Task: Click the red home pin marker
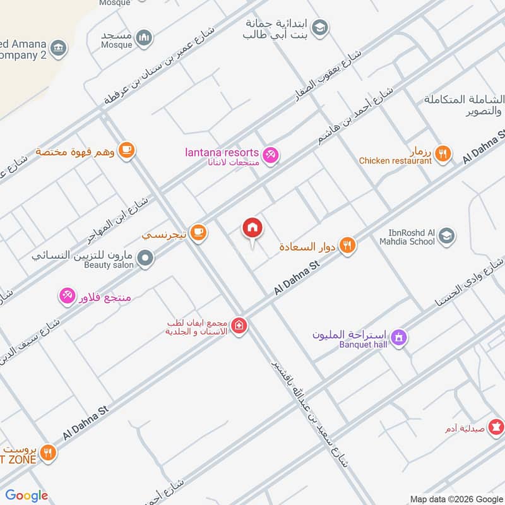tap(252, 228)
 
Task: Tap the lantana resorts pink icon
tap(271, 153)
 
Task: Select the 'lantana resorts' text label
tap(222, 153)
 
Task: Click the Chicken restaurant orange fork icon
tap(444, 152)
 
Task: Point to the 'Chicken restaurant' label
tap(395, 161)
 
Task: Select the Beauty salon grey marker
tap(146, 258)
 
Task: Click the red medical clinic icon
tap(239, 326)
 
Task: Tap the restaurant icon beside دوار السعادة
tap(347, 245)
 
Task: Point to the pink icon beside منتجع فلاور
tap(67, 294)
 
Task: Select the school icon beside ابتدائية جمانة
tap(321, 27)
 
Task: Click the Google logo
tap(27, 496)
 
